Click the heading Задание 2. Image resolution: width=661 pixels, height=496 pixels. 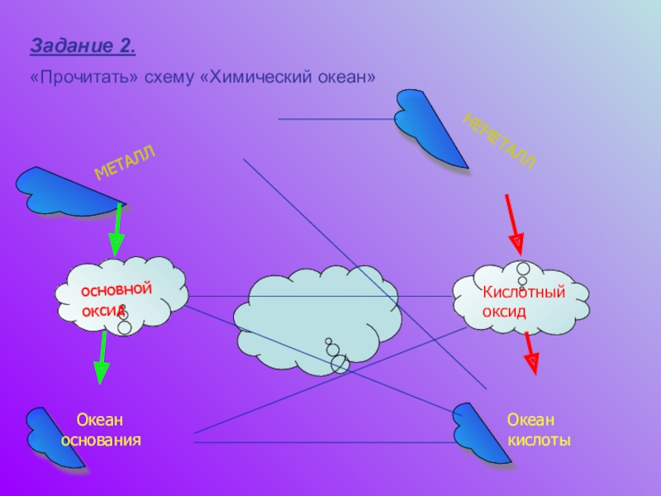tap(83, 46)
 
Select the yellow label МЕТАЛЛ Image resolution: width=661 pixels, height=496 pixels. tap(125, 162)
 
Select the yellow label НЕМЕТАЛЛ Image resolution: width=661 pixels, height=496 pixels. tap(500, 141)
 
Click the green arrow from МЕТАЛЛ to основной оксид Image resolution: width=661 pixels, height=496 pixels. tap(117, 230)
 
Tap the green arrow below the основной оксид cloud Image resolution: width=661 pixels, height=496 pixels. tap(101, 358)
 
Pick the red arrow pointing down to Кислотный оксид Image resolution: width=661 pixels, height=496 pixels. tap(515, 225)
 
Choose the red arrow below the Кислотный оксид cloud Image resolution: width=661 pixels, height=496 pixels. tap(531, 354)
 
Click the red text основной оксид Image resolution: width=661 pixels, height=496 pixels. tap(116, 300)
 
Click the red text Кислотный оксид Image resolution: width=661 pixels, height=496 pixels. tap(524, 302)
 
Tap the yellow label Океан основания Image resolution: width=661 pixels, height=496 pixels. tap(101, 430)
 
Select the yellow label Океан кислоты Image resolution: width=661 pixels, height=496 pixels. tap(539, 430)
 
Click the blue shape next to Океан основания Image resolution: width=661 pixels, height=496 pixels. tap(53, 439)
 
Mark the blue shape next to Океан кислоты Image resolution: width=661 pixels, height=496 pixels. tap(481, 435)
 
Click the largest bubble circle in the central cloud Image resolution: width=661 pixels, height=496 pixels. tap(340, 364)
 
